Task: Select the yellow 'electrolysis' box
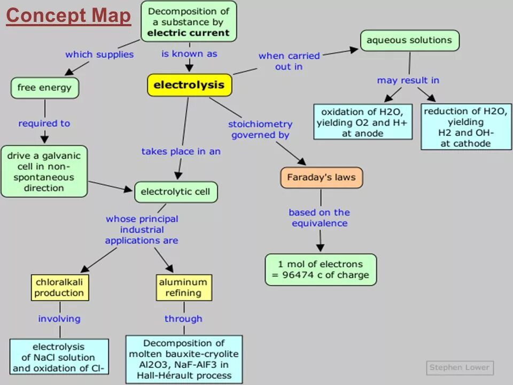pyautogui.click(x=189, y=85)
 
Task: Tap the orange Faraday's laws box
pyautogui.click(x=321, y=178)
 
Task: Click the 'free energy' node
pyautogui.click(x=44, y=88)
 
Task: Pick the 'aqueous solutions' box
pyautogui.click(x=409, y=40)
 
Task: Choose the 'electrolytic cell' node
pyautogui.click(x=176, y=192)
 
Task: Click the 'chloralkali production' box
pyautogui.click(x=59, y=288)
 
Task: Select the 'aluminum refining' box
pyautogui.click(x=183, y=288)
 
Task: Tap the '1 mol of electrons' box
pyautogui.click(x=320, y=269)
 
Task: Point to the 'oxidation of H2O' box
pyautogui.click(x=362, y=122)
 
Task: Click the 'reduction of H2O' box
pyautogui.click(x=465, y=127)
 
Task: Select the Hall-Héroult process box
pyautogui.click(x=184, y=359)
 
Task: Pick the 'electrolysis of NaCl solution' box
pyautogui.click(x=59, y=357)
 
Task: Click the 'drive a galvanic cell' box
pyautogui.click(x=44, y=172)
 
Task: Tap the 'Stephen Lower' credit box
pyautogui.click(x=460, y=367)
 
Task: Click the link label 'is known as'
pyautogui.click(x=189, y=54)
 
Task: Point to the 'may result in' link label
pyautogui.click(x=408, y=80)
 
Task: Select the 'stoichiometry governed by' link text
pyautogui.click(x=260, y=129)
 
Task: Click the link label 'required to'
pyautogui.click(x=44, y=124)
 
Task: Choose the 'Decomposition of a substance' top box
pyautogui.click(x=189, y=22)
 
